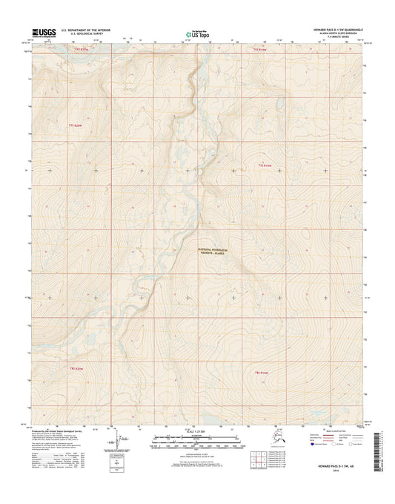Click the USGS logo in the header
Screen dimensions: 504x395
coord(43,33)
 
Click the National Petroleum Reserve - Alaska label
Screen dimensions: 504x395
coord(220,250)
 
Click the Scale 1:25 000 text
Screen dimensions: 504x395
coord(196,430)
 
